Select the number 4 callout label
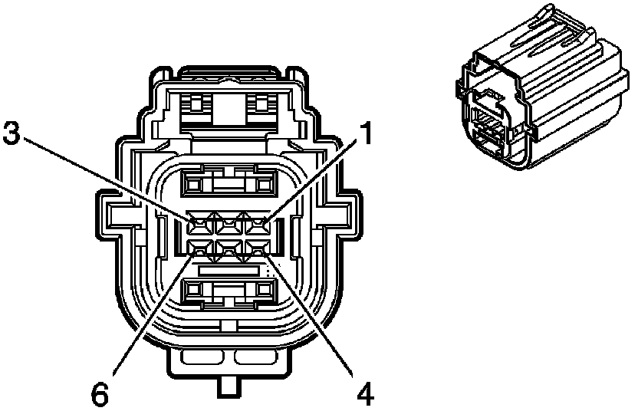tap(366, 394)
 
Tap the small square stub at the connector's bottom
tap(229, 387)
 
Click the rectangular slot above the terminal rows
tap(229, 182)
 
